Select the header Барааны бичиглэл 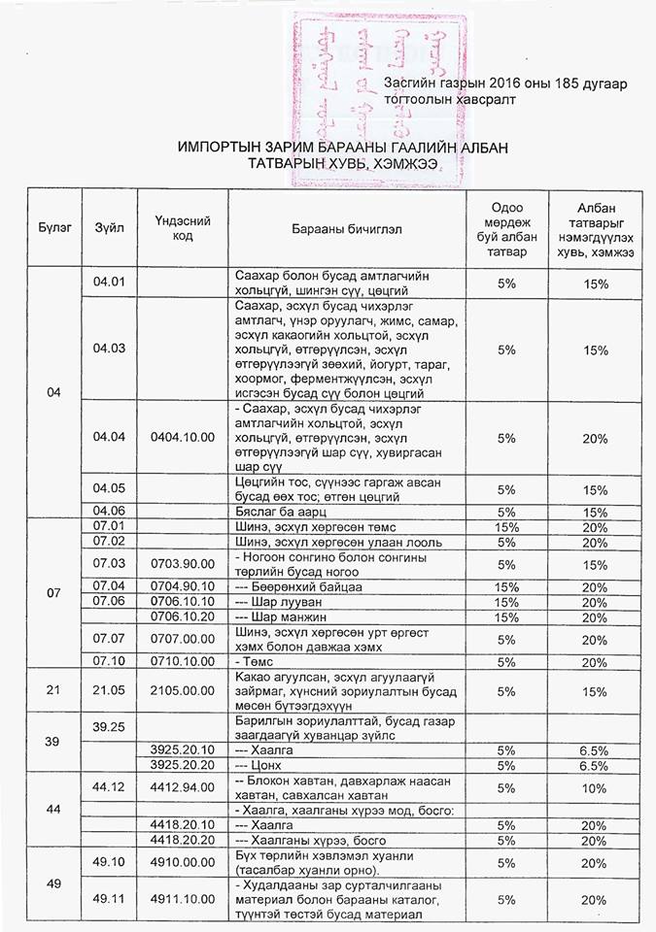pos(346,229)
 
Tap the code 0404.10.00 pos(183,438)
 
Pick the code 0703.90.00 pos(183,563)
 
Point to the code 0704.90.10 pos(183,586)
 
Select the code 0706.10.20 pos(183,616)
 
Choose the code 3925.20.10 pos(183,749)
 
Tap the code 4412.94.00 pos(183,788)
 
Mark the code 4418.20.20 pos(183,839)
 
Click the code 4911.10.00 pos(183,900)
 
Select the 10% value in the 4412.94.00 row pos(595,788)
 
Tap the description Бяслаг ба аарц pos(282,511)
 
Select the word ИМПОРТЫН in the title pos(221,147)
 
